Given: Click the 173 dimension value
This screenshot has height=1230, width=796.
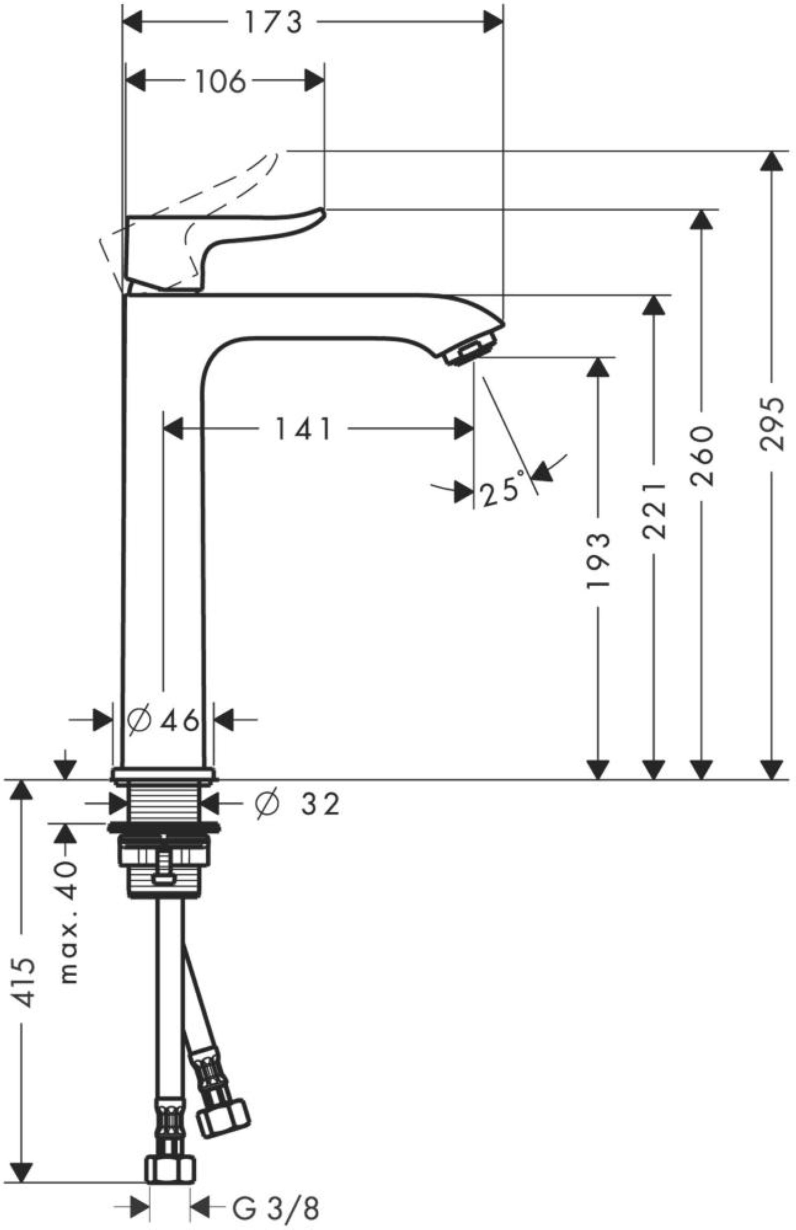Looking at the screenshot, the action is [273, 23].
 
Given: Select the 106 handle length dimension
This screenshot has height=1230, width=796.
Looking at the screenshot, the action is [220, 82].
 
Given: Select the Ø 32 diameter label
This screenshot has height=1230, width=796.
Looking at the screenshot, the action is [298, 804].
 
